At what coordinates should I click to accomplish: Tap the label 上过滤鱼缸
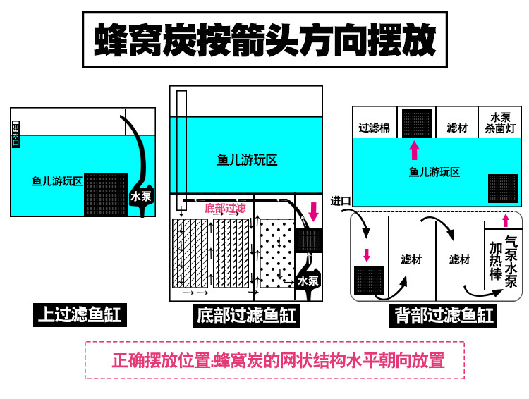pos(80,315)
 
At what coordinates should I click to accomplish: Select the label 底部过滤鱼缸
pos(246,315)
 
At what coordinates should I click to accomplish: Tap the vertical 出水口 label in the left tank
pos(16,133)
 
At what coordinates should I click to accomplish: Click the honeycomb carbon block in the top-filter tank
pos(106,195)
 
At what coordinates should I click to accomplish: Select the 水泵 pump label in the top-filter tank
pos(141,197)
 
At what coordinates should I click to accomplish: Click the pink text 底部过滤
pos(225,208)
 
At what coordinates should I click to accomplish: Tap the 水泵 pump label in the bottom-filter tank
pos(308,280)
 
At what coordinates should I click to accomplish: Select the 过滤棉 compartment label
pos(374,128)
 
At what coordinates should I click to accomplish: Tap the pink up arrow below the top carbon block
pos(414,150)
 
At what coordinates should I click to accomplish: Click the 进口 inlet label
pos(341,201)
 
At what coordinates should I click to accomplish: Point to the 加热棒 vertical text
pos(496,260)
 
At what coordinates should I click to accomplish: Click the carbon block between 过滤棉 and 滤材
pos(417,123)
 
